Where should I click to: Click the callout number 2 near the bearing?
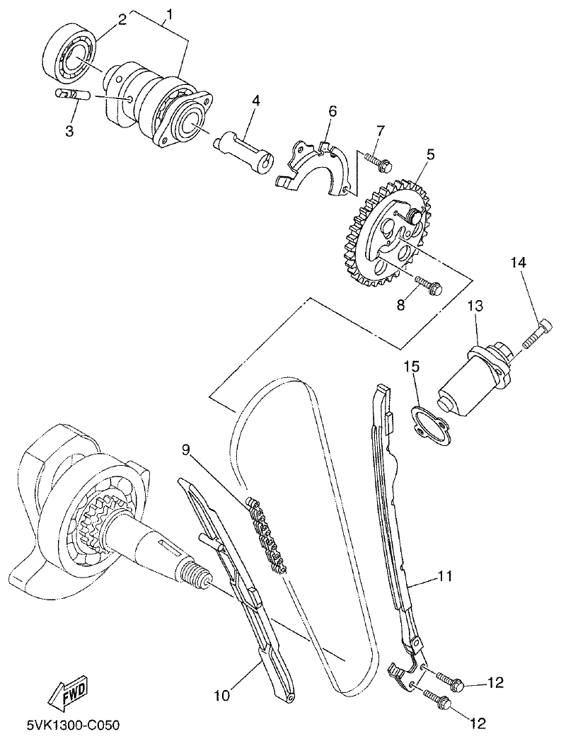(x=122, y=19)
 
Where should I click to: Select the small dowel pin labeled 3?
(x=69, y=93)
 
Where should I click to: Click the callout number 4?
(x=255, y=101)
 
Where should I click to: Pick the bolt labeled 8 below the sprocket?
(x=429, y=285)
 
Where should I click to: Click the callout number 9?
(x=186, y=449)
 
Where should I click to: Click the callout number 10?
(x=222, y=695)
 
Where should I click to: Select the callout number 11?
(x=444, y=576)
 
